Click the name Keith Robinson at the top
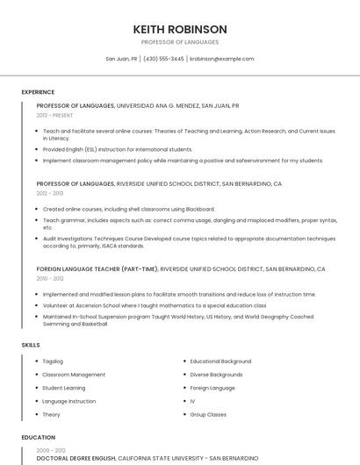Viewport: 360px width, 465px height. pos(180,29)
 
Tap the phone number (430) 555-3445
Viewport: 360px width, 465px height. pos(163,59)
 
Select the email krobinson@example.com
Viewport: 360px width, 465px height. pos(221,59)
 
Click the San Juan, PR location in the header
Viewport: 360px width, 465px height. pos(121,59)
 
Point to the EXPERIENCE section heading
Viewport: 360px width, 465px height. pos(38,92)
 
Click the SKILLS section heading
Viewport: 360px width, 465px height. pos(31,345)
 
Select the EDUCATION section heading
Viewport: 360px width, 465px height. pos(38,436)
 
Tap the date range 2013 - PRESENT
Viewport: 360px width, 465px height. pos(54,115)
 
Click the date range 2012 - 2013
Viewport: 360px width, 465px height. pos(50,193)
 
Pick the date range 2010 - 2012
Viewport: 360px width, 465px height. pos(50,278)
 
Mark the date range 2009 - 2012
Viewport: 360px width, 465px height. pos(50,449)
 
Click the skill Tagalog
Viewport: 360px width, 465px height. pos(53,361)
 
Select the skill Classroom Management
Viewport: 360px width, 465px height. pos(74,375)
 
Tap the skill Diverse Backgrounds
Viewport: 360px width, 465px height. pos(217,375)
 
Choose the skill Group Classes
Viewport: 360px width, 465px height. pos(208,414)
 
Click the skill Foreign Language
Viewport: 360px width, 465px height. pos(212,388)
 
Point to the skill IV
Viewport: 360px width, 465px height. pos(192,401)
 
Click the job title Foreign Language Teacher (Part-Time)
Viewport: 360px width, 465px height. pos(97,269)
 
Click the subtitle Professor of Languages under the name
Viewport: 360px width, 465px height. pos(180,42)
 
